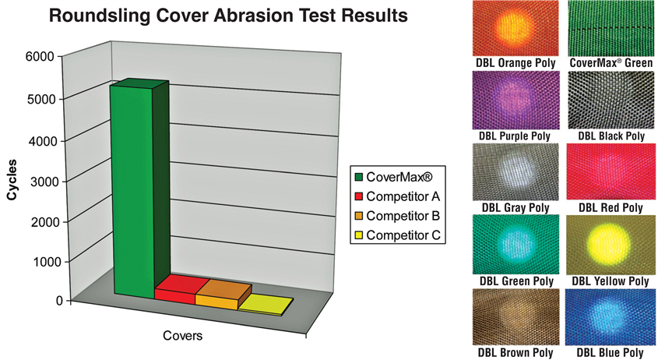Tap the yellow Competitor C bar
click(265, 305)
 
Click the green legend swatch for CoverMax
click(359, 177)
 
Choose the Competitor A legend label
click(403, 196)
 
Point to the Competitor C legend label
click(403, 235)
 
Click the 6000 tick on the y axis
click(40, 56)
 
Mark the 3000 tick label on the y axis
click(44, 182)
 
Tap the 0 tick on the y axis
click(59, 301)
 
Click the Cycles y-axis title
click(12, 179)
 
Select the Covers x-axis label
click(182, 336)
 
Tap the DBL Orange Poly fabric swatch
click(515, 29)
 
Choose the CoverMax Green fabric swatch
click(610, 29)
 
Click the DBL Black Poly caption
click(611, 136)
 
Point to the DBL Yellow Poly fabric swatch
click(610, 245)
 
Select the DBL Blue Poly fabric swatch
click(610, 317)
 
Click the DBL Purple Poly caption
click(515, 136)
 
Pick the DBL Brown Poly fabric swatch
click(515, 317)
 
